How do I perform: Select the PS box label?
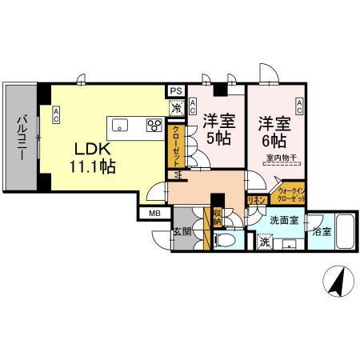tap(175, 91)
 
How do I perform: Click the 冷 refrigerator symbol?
tap(175, 106)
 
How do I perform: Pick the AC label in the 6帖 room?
tap(299, 104)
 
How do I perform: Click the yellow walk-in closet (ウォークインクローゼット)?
tap(290, 192)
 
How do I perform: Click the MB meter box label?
tap(153, 213)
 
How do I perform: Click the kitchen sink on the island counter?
tap(121, 125)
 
